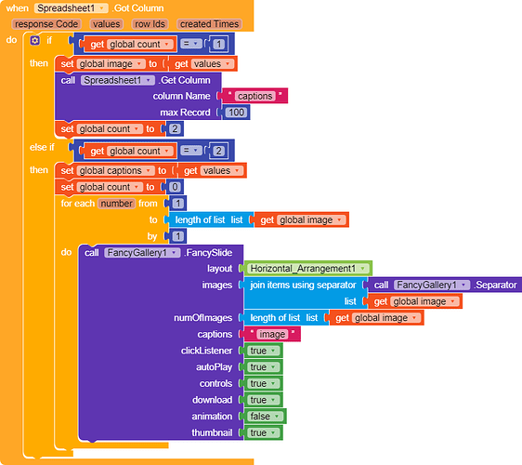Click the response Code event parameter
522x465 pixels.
(x=46, y=24)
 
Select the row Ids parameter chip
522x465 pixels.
(x=150, y=24)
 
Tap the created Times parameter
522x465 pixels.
(x=209, y=24)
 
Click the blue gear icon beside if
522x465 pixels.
(x=35, y=41)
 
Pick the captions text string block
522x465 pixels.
(x=254, y=96)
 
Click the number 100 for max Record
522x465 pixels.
(x=236, y=113)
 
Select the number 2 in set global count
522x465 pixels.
(x=175, y=128)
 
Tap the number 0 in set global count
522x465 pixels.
(x=175, y=187)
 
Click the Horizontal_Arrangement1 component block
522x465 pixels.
(x=308, y=269)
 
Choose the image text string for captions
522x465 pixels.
(x=272, y=334)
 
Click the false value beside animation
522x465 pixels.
(x=265, y=417)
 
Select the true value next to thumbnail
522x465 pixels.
(x=264, y=432)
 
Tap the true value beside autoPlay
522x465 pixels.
(x=264, y=367)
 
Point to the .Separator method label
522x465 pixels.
(x=495, y=285)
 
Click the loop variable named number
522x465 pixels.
(x=116, y=204)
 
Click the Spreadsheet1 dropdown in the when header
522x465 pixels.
(x=71, y=8)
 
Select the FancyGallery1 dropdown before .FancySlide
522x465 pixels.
(x=142, y=253)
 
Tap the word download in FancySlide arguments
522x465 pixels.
(x=212, y=400)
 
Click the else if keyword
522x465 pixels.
(x=42, y=147)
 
